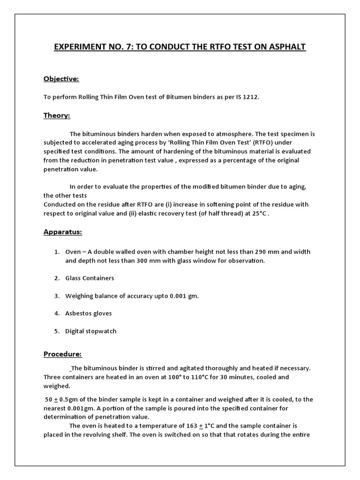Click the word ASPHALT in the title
285,47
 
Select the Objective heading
61,79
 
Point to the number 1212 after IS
250,97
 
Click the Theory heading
57,115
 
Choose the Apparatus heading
63,232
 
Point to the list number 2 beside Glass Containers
56,278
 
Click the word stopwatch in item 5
101,331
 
